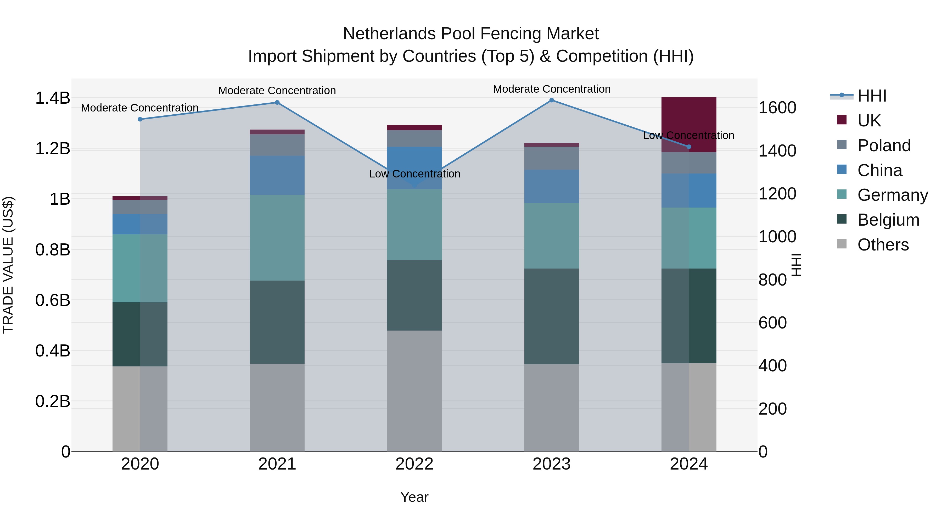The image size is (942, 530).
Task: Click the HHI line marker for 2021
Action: [277, 102]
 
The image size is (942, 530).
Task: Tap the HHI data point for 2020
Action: [140, 119]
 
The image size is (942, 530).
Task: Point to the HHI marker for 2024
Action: [689, 147]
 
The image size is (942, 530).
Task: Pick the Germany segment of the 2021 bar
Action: [277, 237]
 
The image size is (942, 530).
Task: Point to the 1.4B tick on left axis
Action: [53, 98]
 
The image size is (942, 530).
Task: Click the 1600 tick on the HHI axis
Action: [777, 108]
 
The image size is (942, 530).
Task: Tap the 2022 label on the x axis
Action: [414, 464]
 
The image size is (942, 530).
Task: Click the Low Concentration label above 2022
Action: [414, 174]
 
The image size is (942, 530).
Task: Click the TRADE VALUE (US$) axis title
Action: [8, 265]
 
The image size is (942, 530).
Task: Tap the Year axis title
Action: [414, 497]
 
